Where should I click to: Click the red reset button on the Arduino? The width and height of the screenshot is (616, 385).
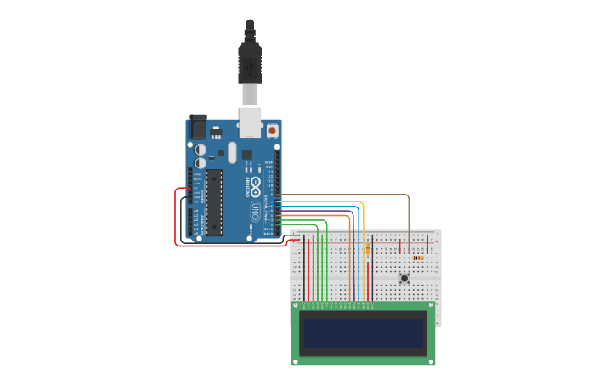272,130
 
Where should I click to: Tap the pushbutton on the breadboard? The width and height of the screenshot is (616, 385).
404,278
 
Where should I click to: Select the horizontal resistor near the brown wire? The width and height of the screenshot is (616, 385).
417,258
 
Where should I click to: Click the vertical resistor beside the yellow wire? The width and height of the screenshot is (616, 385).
367,250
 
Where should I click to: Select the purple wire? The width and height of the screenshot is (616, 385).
353,255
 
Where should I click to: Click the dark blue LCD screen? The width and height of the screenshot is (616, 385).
364,332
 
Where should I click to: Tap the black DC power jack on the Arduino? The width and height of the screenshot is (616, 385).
196,127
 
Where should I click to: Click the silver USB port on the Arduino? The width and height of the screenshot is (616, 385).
250,122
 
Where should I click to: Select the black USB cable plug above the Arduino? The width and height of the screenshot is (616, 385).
250,51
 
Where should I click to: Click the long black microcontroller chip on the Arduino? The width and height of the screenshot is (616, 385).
214,202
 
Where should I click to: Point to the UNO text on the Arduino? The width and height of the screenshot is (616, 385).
254,210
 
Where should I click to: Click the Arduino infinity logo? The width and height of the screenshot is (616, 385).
254,189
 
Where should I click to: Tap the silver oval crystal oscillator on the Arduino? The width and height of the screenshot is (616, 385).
232,151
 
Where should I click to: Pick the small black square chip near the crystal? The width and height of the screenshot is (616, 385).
246,155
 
